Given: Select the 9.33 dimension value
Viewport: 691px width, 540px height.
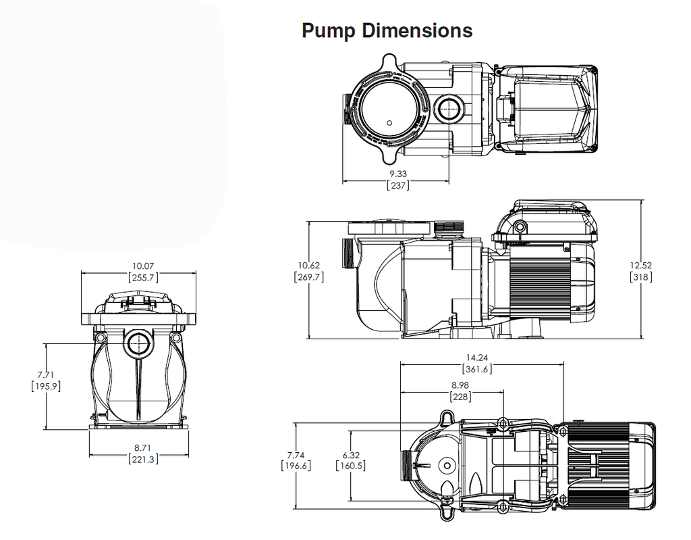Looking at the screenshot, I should click(398, 174).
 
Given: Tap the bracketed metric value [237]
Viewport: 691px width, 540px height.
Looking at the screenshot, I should click(398, 185).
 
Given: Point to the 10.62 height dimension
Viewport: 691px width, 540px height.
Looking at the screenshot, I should click(309, 265).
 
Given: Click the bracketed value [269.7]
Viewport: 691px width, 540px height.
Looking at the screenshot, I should click(309, 276).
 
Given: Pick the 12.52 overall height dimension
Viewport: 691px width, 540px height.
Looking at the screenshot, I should click(640, 265).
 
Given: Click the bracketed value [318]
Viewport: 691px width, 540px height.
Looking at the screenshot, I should click(640, 276).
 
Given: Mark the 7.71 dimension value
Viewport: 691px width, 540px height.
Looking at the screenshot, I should click(46, 374).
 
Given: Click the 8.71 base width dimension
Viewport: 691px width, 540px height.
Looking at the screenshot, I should click(142, 447).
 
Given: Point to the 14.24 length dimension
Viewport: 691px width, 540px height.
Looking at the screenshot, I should click(476, 358).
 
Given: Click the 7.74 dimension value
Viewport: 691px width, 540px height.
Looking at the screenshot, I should click(295, 455).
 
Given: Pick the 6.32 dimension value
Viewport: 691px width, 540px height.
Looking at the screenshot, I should click(350, 455).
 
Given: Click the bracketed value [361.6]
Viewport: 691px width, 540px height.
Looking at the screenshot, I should click(476, 369).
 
